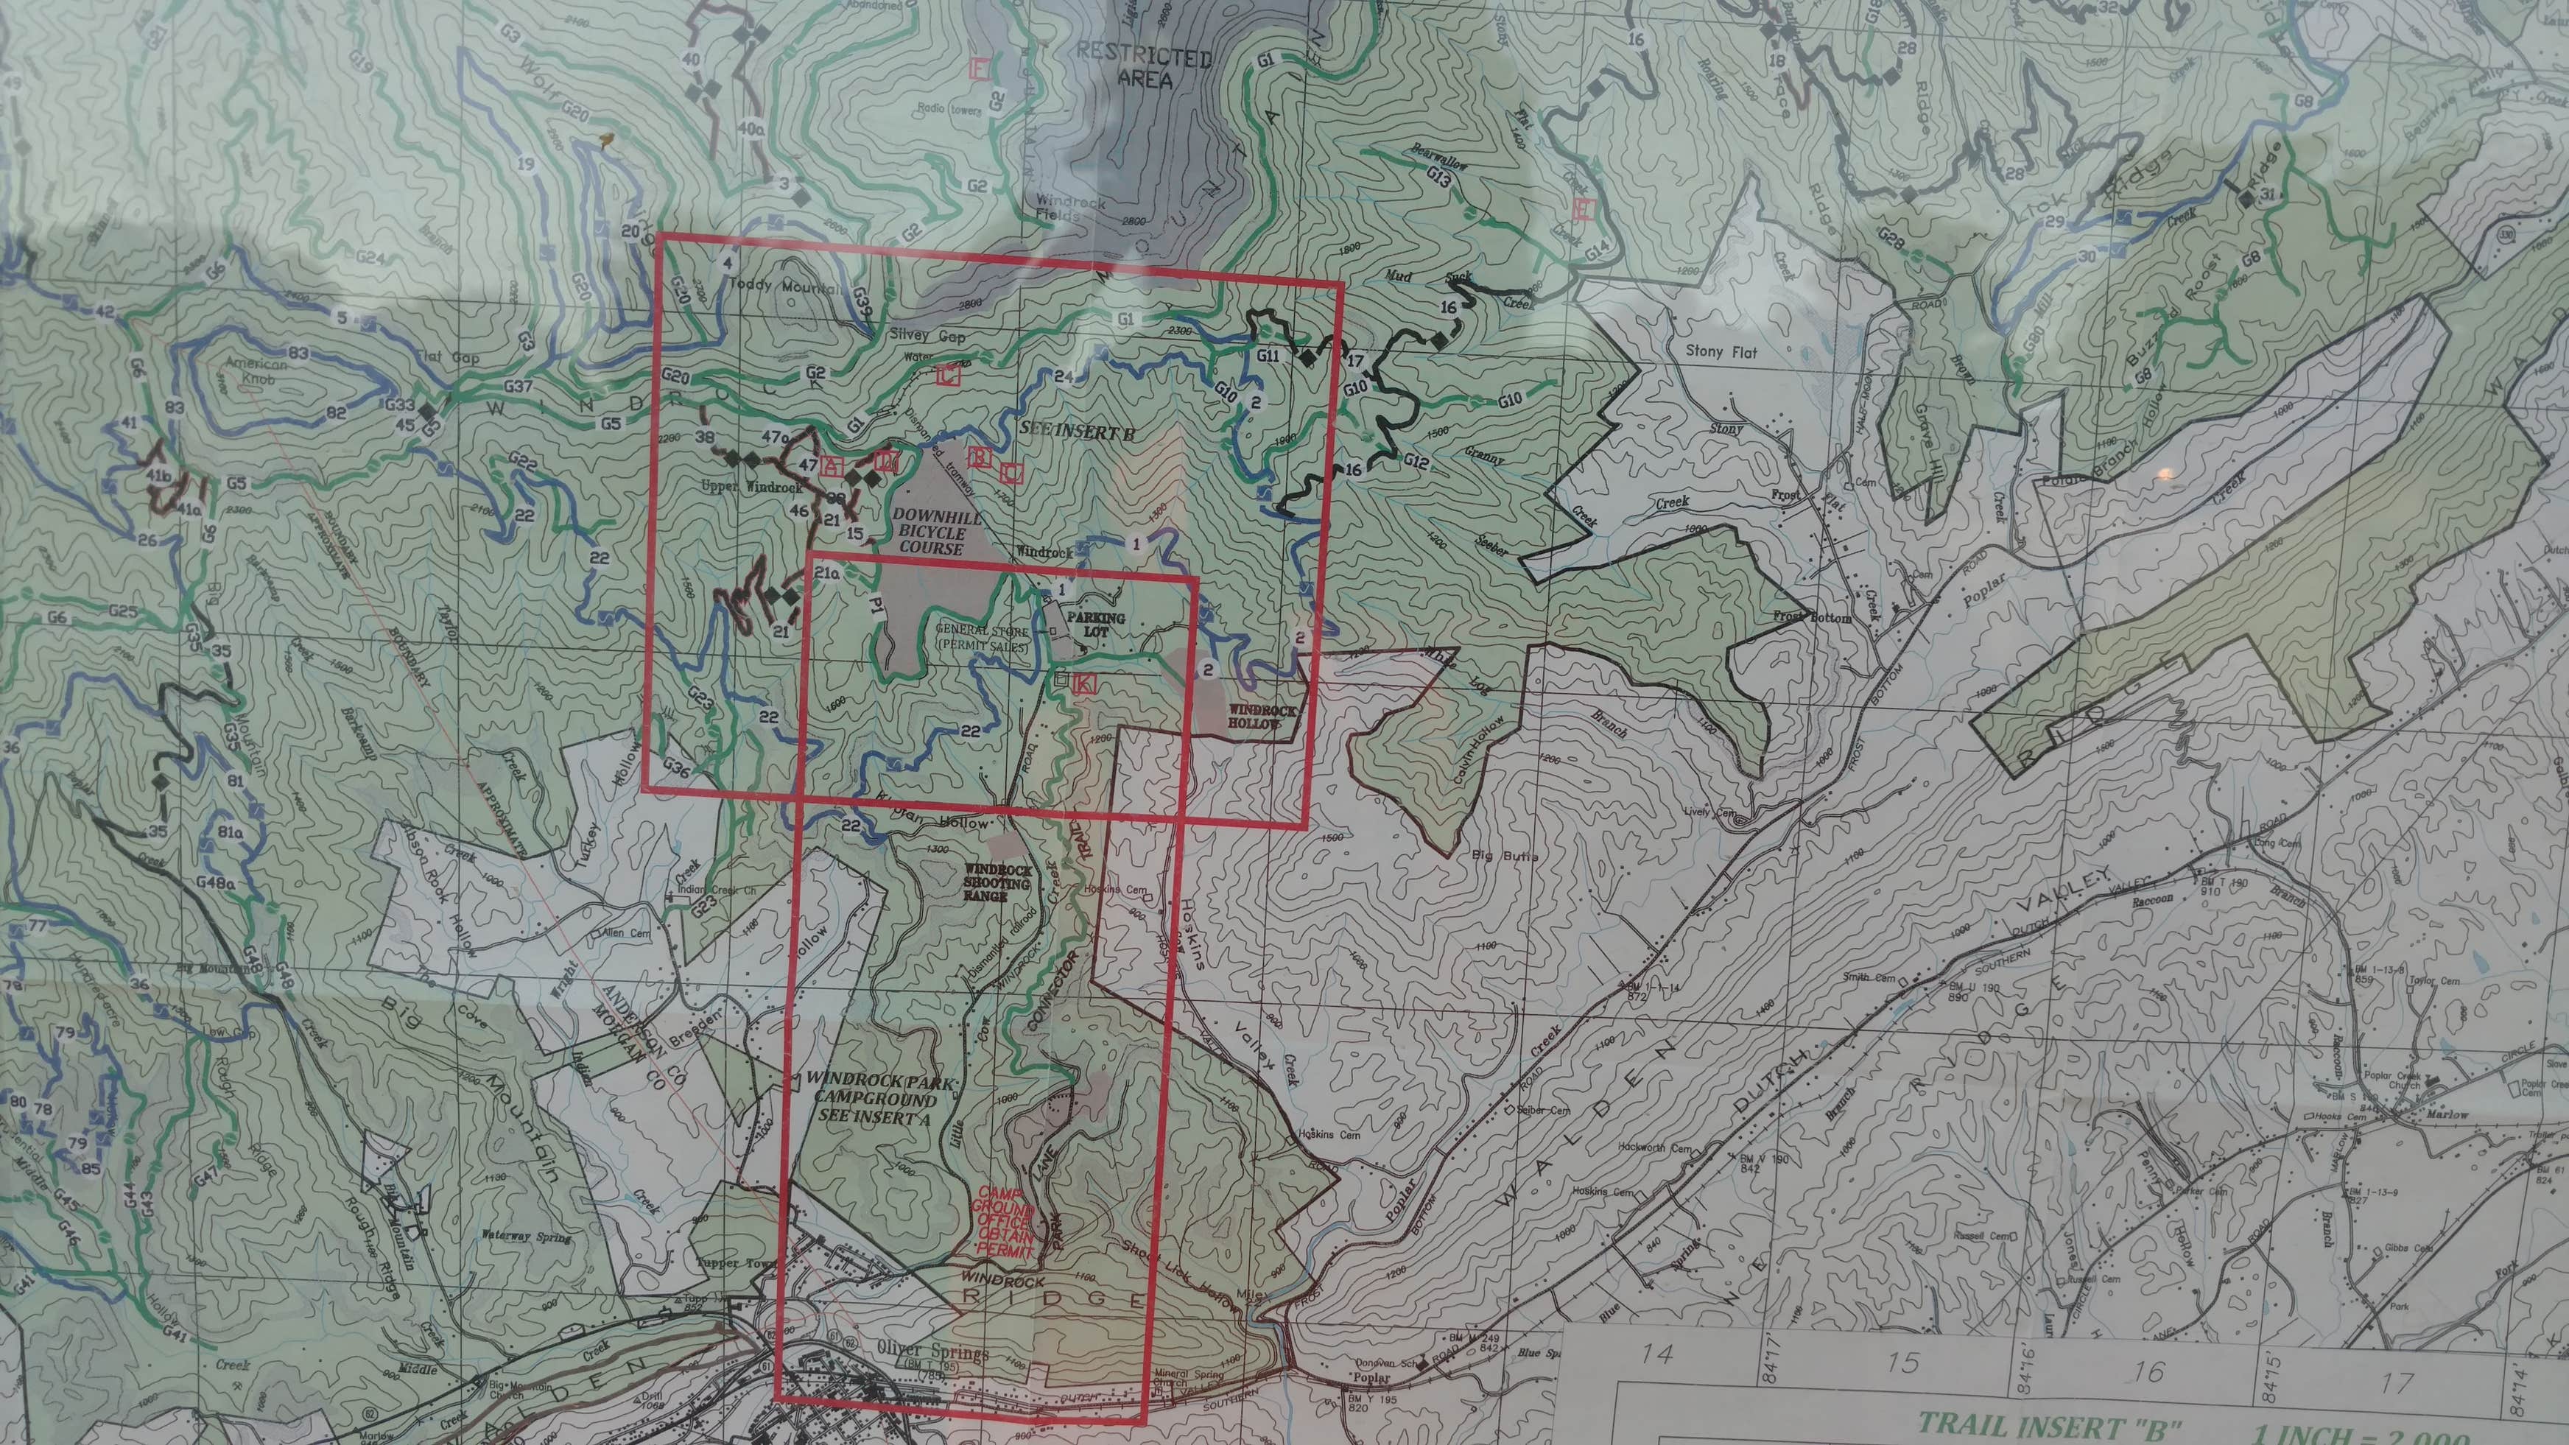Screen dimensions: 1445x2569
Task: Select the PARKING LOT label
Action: pyautogui.click(x=1096, y=625)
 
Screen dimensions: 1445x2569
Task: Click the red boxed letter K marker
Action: pyautogui.click(x=1085, y=684)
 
